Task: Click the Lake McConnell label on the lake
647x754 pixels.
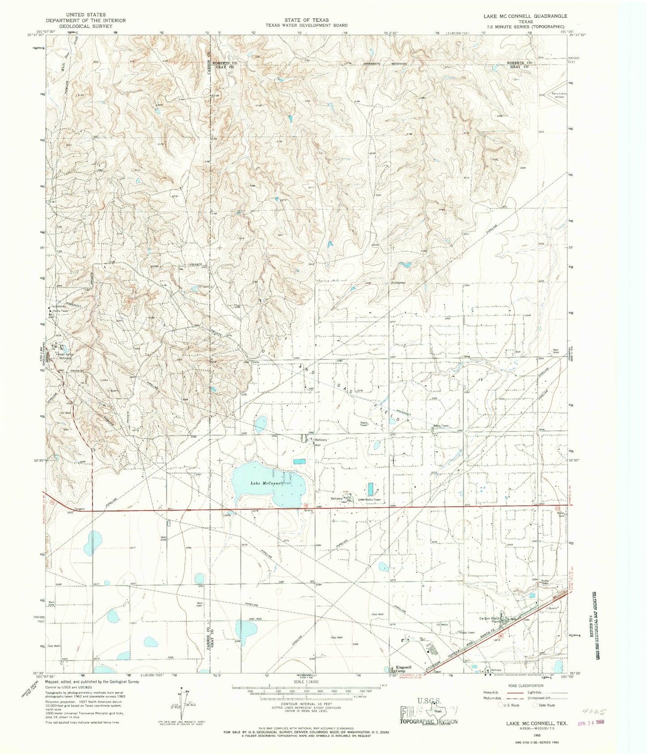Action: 267,484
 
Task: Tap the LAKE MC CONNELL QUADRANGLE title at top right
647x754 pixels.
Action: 525,16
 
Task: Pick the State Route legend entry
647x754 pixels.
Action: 545,705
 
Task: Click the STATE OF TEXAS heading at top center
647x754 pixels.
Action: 306,20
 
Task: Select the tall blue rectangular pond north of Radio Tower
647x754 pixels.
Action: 371,488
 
